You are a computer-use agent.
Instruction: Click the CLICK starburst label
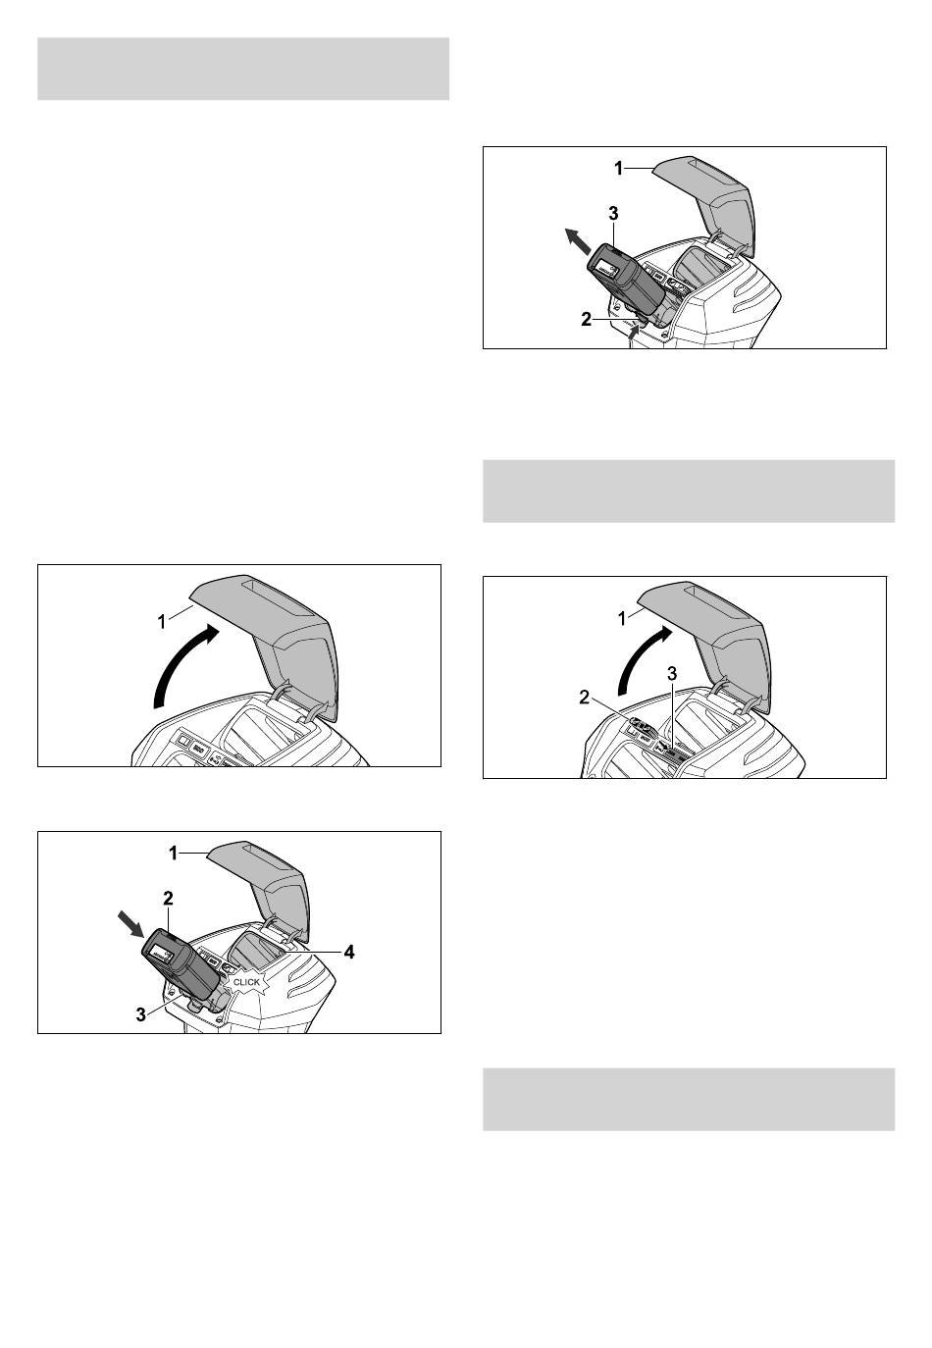coord(246,981)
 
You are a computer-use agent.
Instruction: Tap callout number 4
coord(349,952)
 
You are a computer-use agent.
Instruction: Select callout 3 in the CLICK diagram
coord(141,1014)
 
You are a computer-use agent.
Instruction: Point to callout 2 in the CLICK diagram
coord(168,899)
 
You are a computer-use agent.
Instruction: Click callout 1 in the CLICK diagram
coord(174,853)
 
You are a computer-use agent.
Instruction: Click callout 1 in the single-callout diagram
coord(162,621)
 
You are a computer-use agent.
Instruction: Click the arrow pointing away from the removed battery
coord(578,241)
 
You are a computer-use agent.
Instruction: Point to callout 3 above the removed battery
coord(613,213)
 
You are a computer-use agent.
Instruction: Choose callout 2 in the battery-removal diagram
coord(586,320)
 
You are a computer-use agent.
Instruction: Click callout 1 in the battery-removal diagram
coord(618,169)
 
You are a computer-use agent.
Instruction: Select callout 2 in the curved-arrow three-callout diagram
coord(585,698)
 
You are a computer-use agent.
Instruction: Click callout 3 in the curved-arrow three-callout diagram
coord(673,673)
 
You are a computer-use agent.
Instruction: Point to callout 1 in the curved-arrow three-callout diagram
coord(623,618)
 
